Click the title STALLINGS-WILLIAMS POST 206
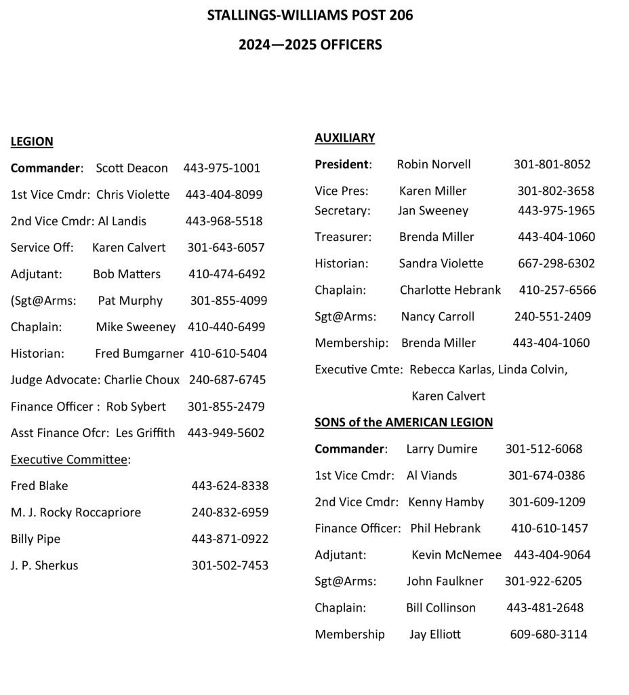point(310,15)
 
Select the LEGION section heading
point(32,142)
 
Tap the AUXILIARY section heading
point(344,138)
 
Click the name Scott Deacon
point(131,168)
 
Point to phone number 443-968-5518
point(224,221)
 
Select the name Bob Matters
point(127,274)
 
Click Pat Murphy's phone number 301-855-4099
point(228,301)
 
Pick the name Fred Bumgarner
point(139,354)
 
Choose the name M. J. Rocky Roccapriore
point(76,512)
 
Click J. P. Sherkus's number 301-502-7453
point(230,565)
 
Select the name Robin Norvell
point(434,164)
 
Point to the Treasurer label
point(343,237)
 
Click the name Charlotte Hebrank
point(450,290)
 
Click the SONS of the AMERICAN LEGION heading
point(403,422)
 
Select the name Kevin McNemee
point(456,555)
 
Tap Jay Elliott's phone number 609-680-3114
point(548,635)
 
